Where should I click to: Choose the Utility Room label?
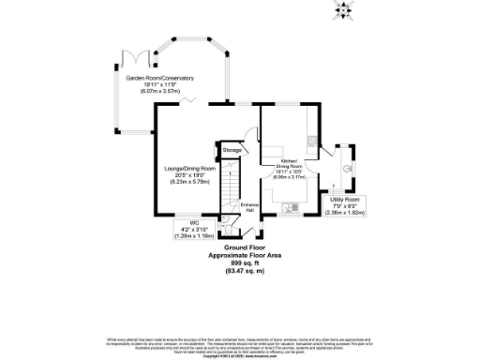[344, 200]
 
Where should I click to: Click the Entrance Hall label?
[249, 206]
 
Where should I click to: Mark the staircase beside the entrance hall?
[231, 187]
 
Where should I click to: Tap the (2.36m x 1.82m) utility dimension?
[344, 212]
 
